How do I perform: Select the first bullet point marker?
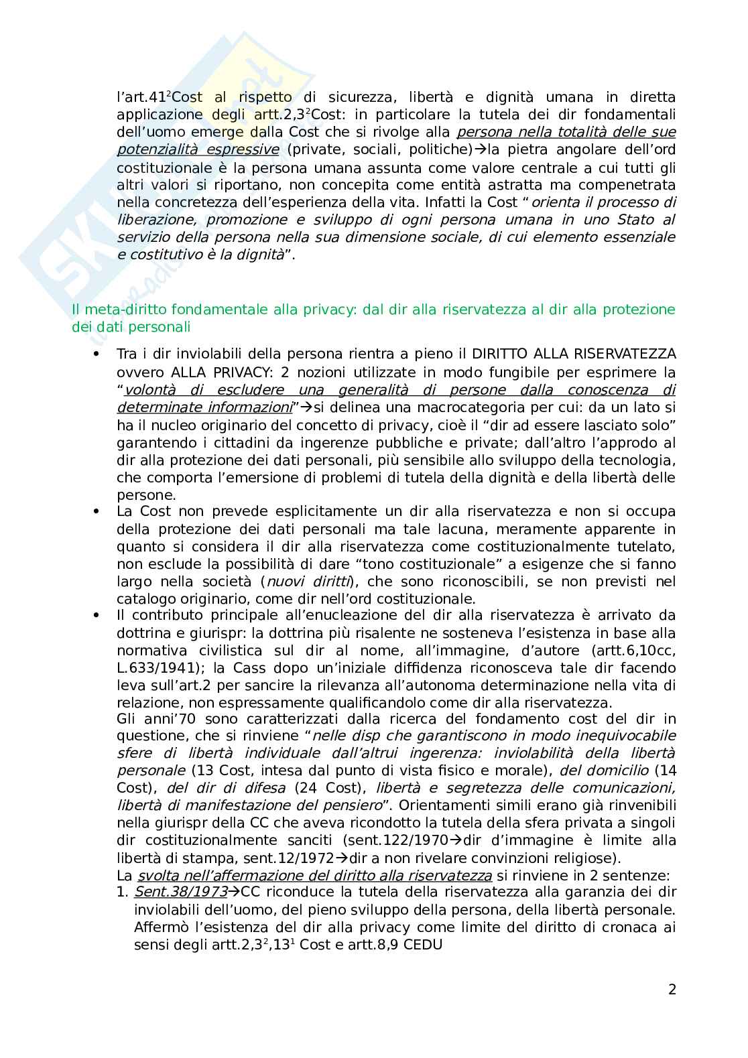97,354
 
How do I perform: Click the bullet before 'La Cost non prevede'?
97,512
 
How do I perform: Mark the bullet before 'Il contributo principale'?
97,615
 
